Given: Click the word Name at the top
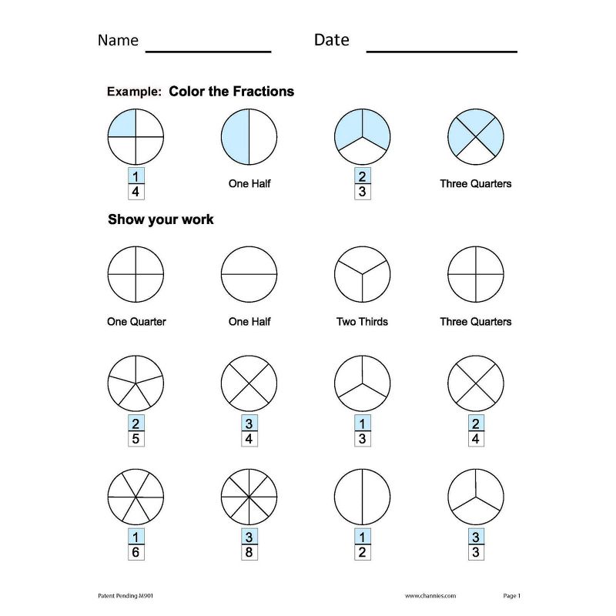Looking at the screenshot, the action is pyautogui.click(x=118, y=40).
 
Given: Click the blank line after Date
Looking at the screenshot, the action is pyautogui.click(x=441, y=49).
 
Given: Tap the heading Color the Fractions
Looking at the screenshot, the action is pyautogui.click(x=231, y=92).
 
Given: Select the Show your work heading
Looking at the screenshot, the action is pyautogui.click(x=161, y=219).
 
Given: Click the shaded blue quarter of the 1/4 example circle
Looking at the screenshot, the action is pyautogui.click(x=122, y=124).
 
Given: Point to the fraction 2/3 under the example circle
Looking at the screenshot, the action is pyautogui.click(x=362, y=184).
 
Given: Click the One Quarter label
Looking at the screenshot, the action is pyautogui.click(x=136, y=321).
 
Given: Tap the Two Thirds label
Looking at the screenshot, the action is pyautogui.click(x=362, y=321).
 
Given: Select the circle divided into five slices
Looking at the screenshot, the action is pyautogui.click(x=136, y=383).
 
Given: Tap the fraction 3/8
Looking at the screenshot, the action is pyautogui.click(x=249, y=544).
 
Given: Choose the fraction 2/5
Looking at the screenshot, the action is pyautogui.click(x=136, y=431).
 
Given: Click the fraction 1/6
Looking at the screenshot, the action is pyautogui.click(x=136, y=544).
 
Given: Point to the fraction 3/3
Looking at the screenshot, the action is pyautogui.click(x=475, y=544).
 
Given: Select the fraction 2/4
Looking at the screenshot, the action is pyautogui.click(x=475, y=431).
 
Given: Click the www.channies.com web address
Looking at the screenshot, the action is pyautogui.click(x=430, y=596).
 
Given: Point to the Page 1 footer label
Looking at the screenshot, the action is pyautogui.click(x=512, y=596).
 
